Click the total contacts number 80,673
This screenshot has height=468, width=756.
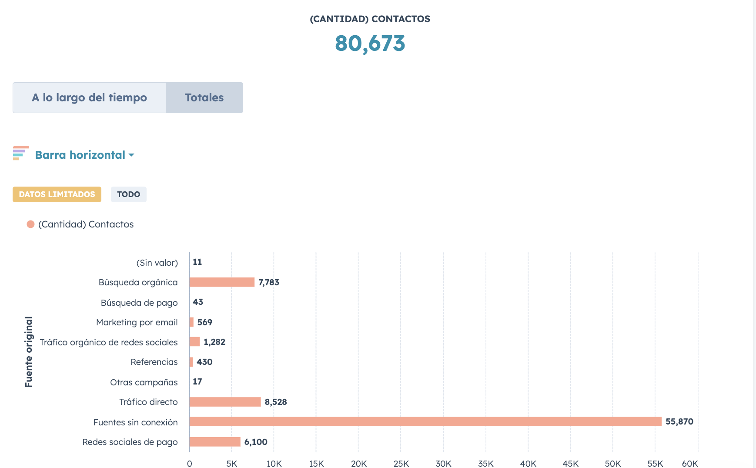pyautogui.click(x=370, y=43)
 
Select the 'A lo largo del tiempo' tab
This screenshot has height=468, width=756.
pyautogui.click(x=89, y=97)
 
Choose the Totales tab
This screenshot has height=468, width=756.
pyautogui.click(x=204, y=97)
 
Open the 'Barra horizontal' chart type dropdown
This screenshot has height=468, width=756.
pyautogui.click(x=84, y=155)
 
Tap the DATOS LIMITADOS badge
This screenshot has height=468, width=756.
pyautogui.click(x=57, y=194)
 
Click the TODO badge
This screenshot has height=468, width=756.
pyautogui.click(x=129, y=194)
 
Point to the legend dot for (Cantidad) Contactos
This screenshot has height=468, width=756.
pyautogui.click(x=30, y=224)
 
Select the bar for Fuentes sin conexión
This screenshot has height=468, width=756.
pyautogui.click(x=425, y=421)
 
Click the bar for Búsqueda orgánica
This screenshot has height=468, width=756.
pyautogui.click(x=222, y=282)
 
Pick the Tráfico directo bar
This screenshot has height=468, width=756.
pyautogui.click(x=225, y=402)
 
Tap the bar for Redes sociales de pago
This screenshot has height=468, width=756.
pyautogui.click(x=215, y=442)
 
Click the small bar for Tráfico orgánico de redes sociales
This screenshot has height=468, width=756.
pyautogui.click(x=194, y=342)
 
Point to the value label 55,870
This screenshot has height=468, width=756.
pyautogui.click(x=679, y=421)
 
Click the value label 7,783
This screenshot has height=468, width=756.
pyautogui.click(x=269, y=282)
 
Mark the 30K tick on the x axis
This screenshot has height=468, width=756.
pyautogui.click(x=443, y=464)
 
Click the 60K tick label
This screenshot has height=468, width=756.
pyautogui.click(x=690, y=464)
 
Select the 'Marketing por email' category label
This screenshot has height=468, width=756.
pyautogui.click(x=137, y=322)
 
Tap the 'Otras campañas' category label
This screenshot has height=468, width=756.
pyautogui.click(x=144, y=382)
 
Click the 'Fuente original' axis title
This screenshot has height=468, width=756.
pyautogui.click(x=29, y=352)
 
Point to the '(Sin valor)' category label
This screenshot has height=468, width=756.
pyautogui.click(x=157, y=263)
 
